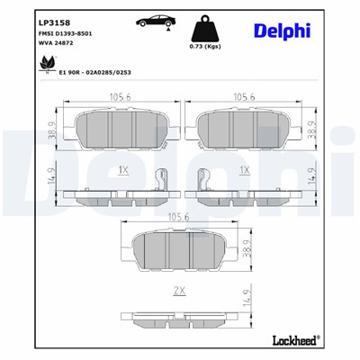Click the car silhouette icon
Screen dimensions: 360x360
154,20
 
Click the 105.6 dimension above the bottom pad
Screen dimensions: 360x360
178,216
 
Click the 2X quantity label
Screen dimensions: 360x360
179,289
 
